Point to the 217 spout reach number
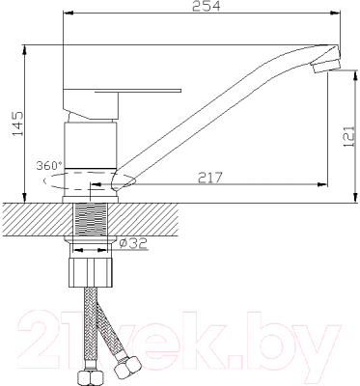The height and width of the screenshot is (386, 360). click(x=210, y=177)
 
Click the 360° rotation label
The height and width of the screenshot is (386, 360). click(x=49, y=165)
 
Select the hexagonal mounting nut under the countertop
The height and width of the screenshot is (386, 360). click(x=94, y=269)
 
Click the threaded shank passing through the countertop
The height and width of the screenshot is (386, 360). click(x=94, y=222)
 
